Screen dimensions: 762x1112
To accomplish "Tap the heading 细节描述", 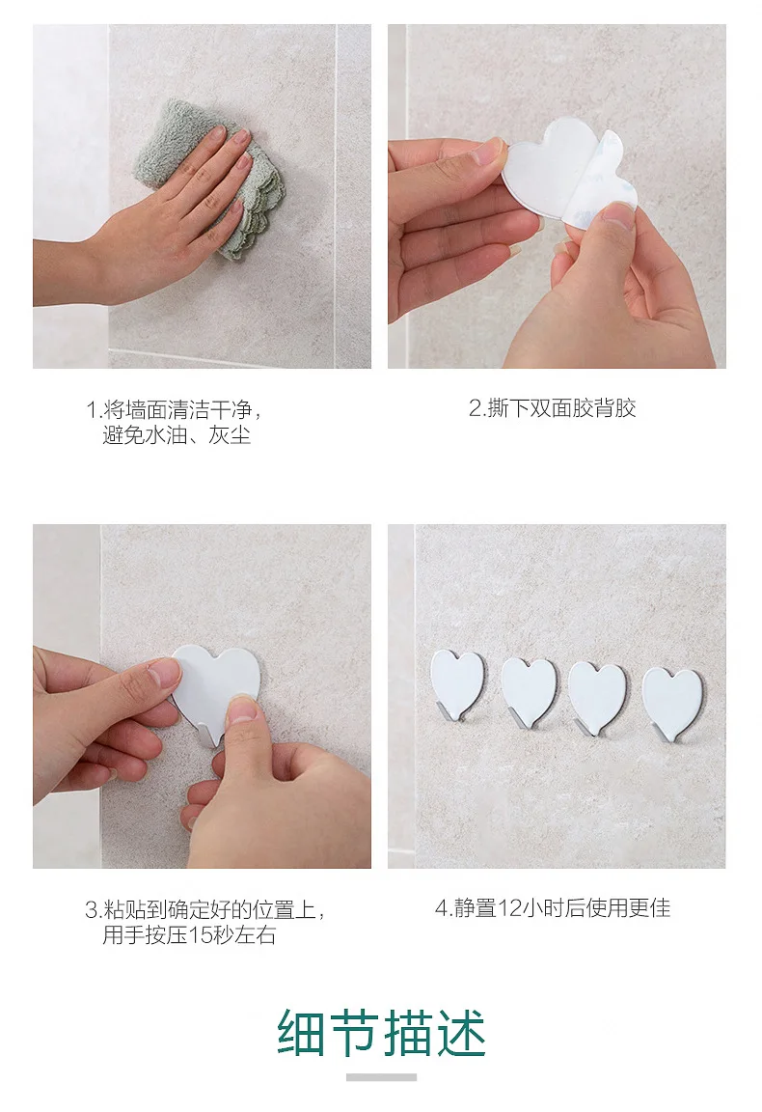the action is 381,1033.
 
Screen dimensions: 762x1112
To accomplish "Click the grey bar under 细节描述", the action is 381,1077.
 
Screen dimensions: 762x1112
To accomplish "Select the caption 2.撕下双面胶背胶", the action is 552,408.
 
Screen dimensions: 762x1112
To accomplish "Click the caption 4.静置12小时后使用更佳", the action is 552,907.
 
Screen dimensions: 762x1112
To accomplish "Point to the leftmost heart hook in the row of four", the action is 458,683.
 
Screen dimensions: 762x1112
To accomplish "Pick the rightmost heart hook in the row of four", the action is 672,702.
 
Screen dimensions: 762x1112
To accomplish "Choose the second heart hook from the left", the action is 529,690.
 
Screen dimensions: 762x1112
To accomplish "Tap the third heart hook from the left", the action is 597,696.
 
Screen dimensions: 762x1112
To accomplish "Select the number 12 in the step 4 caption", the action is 509,908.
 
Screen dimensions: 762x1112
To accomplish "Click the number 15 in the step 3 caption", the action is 201,935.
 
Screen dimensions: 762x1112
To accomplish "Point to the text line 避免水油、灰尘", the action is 177,434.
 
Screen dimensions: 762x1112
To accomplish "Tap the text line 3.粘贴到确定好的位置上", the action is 204,909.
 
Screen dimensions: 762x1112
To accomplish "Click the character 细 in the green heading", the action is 302,1033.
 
